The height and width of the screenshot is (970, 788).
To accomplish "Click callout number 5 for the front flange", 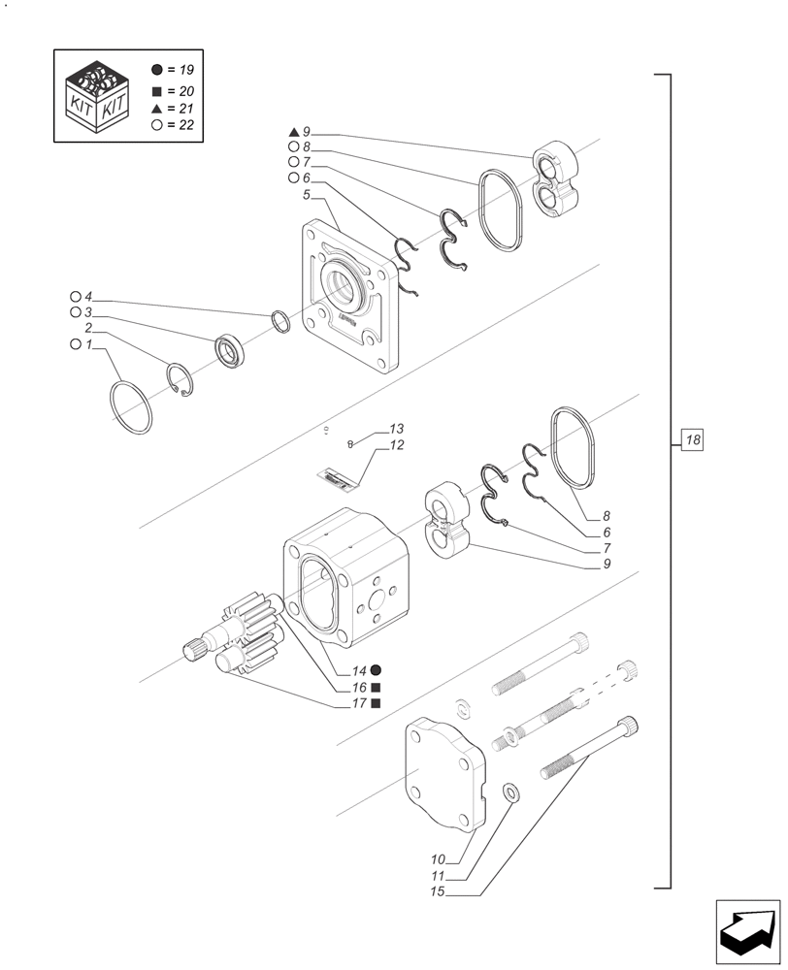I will click(x=306, y=195).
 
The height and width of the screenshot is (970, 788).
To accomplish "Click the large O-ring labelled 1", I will click(x=131, y=406).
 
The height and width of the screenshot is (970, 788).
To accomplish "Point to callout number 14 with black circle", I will click(x=358, y=670).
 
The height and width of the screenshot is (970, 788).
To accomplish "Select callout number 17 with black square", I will click(x=358, y=703).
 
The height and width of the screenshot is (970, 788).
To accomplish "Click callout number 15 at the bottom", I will click(x=439, y=890).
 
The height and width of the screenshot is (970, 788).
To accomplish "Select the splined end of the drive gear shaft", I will click(x=197, y=647).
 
